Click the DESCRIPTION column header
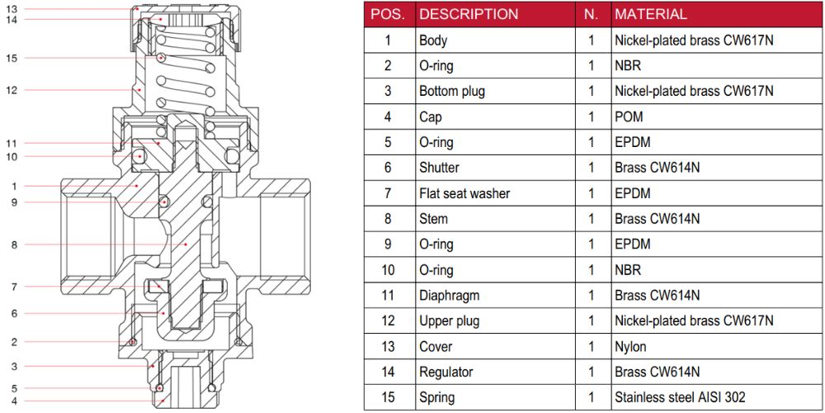(469, 14)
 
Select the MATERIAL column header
(650, 14)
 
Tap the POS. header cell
(388, 14)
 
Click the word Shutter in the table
(439, 168)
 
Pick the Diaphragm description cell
(449, 295)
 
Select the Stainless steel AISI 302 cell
(680, 397)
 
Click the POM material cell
(628, 116)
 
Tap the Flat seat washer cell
(464, 193)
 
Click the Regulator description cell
(446, 372)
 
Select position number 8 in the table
(388, 219)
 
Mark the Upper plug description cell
(449, 320)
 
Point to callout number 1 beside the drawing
(14, 186)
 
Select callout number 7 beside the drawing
(14, 287)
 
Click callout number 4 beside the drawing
(14, 401)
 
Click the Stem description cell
(434, 219)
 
